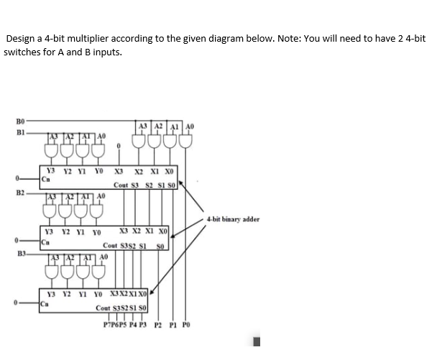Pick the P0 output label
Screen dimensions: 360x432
(188, 324)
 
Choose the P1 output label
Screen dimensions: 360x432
(173, 324)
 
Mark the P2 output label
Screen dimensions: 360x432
(158, 324)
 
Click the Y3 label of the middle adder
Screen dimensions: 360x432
(49, 232)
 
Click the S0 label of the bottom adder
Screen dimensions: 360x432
(142, 308)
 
